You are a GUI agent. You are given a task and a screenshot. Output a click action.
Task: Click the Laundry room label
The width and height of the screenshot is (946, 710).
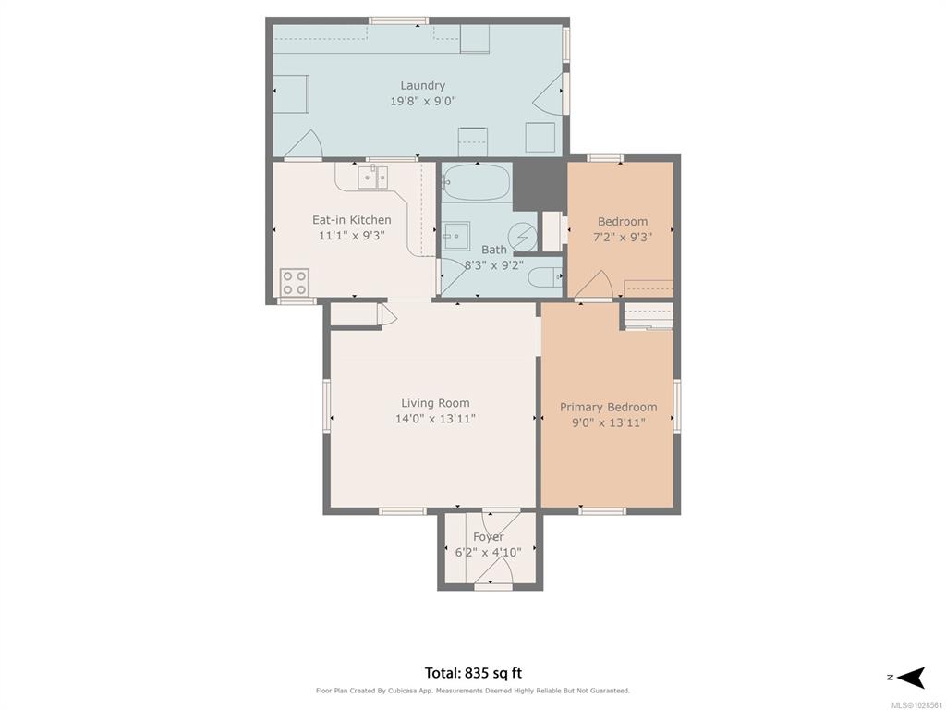click(422, 86)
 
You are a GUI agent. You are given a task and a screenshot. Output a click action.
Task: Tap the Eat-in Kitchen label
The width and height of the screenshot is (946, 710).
click(352, 220)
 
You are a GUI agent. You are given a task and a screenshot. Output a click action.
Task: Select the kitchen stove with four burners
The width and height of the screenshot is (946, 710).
click(295, 283)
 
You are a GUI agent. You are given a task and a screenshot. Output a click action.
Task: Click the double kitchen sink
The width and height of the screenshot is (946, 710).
click(373, 178)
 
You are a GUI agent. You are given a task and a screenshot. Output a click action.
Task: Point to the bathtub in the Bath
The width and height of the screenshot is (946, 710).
click(478, 182)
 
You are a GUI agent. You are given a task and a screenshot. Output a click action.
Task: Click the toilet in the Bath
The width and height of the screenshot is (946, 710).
click(545, 278)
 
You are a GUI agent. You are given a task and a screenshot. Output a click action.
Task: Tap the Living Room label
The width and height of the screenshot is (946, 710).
click(436, 403)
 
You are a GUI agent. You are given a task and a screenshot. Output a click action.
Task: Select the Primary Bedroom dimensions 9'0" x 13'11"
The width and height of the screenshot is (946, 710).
click(609, 422)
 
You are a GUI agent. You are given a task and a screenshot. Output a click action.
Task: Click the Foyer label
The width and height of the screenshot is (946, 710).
click(489, 537)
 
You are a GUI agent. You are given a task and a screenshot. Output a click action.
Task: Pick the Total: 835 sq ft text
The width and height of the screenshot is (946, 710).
click(474, 673)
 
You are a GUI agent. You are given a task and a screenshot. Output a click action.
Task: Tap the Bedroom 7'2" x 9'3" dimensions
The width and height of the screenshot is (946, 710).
click(624, 238)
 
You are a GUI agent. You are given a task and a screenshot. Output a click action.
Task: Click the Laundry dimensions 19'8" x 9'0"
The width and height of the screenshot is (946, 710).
click(423, 102)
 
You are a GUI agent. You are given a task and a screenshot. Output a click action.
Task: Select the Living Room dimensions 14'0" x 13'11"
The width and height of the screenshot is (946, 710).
click(436, 419)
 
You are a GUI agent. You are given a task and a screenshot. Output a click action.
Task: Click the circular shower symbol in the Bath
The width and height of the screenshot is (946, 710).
click(523, 238)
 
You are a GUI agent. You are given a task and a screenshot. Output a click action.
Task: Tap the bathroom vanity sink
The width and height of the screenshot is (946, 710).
click(456, 236)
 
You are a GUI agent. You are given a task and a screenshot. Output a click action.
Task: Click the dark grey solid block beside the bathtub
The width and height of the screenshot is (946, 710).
click(539, 185)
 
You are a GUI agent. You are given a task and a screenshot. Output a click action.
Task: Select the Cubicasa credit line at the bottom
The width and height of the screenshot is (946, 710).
click(473, 691)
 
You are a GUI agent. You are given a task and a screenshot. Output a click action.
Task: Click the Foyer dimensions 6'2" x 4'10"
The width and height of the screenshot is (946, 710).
click(488, 552)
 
